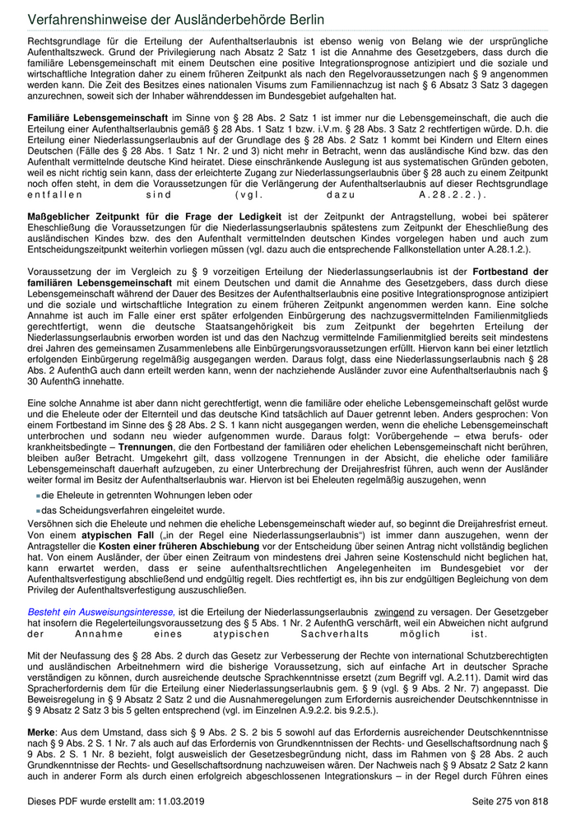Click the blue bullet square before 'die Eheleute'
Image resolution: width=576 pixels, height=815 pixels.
(38, 496)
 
